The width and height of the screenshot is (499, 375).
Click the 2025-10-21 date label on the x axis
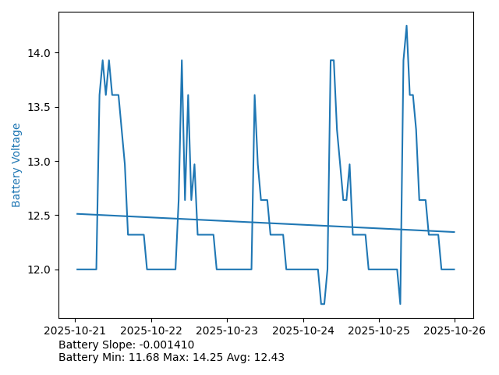(76, 330)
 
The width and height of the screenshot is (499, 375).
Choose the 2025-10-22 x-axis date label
(151, 330)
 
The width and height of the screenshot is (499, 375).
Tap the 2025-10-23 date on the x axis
(227, 330)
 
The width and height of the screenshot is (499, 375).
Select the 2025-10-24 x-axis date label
(303, 330)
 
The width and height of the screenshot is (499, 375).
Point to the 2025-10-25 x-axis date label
(378, 330)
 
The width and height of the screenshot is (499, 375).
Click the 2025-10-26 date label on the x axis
(454, 330)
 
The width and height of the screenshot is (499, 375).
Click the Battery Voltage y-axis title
(16, 165)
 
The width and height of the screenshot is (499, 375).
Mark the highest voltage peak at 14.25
(406, 26)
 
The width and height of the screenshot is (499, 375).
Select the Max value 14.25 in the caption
(204, 357)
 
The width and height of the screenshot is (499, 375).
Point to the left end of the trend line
(76, 213)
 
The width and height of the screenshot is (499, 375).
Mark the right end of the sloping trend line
(454, 232)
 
